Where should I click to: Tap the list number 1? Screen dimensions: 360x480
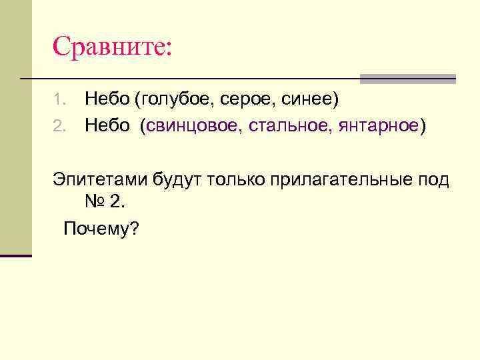coord(58,100)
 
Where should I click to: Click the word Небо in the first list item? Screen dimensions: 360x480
coord(107,99)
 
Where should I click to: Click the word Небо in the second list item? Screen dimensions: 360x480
coord(107,125)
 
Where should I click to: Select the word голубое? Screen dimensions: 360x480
coord(172,100)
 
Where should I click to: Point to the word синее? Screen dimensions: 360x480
coord(307,100)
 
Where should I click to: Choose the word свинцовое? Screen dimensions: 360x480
coord(194,126)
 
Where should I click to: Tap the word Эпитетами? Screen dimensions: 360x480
coord(100,179)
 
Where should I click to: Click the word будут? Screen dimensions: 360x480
coord(177,179)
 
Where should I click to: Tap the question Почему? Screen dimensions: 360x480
coord(101,229)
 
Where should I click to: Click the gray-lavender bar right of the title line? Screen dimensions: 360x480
coord(407,79)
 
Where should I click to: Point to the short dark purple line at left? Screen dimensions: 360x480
coord(16,255)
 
